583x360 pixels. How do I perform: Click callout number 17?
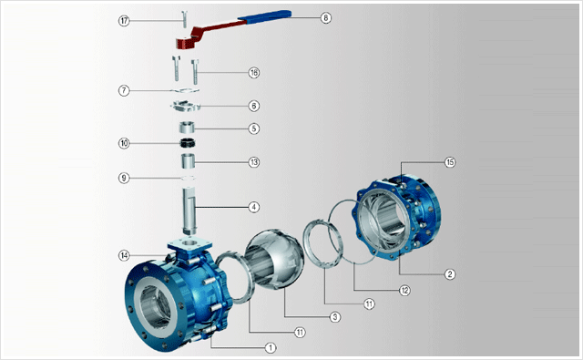point(124,20)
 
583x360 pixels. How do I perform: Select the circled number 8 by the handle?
point(326,17)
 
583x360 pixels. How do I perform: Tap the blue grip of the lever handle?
point(265,15)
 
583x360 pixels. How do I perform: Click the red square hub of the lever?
point(184,43)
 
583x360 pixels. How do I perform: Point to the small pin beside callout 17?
point(184,18)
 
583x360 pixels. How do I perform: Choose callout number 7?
point(124,90)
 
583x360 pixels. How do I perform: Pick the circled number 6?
point(254,106)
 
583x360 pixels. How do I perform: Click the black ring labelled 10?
point(189,142)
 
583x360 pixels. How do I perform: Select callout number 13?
point(254,162)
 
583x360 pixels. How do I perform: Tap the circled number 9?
point(124,178)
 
